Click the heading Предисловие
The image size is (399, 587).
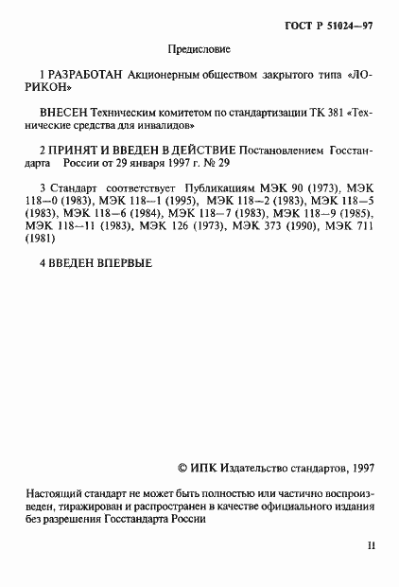click(199, 48)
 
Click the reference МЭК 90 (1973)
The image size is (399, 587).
click(314, 187)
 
